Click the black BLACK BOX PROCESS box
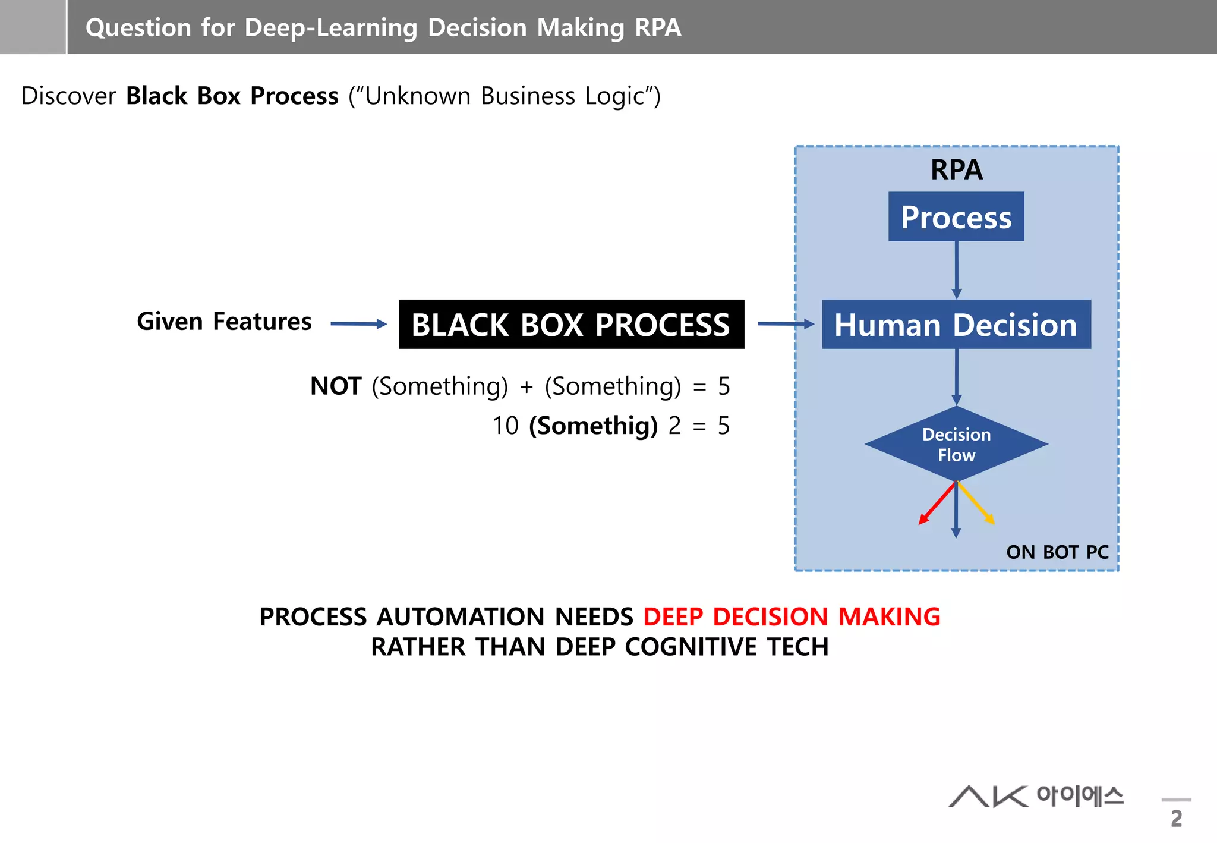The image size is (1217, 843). click(x=571, y=324)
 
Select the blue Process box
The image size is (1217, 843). click(x=956, y=216)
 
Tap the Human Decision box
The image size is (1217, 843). click(x=956, y=325)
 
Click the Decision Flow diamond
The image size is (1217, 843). click(x=956, y=444)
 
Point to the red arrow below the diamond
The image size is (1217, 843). click(x=937, y=504)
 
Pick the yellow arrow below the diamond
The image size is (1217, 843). click(x=976, y=503)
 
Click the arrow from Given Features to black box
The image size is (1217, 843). click(x=358, y=324)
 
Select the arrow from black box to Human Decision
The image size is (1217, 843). click(x=785, y=324)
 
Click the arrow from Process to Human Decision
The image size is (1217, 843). click(x=956, y=270)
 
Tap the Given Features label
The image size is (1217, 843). click(x=224, y=322)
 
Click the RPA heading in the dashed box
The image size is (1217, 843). click(x=956, y=170)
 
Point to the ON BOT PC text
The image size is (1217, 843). click(x=1057, y=552)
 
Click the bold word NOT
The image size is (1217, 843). click(x=336, y=386)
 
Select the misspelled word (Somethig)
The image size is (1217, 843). click(x=593, y=426)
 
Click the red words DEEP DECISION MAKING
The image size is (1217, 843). click(x=791, y=617)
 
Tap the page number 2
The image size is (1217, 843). click(x=1176, y=819)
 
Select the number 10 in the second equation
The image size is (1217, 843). click(x=505, y=426)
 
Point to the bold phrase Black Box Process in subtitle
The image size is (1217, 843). click(x=232, y=96)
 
